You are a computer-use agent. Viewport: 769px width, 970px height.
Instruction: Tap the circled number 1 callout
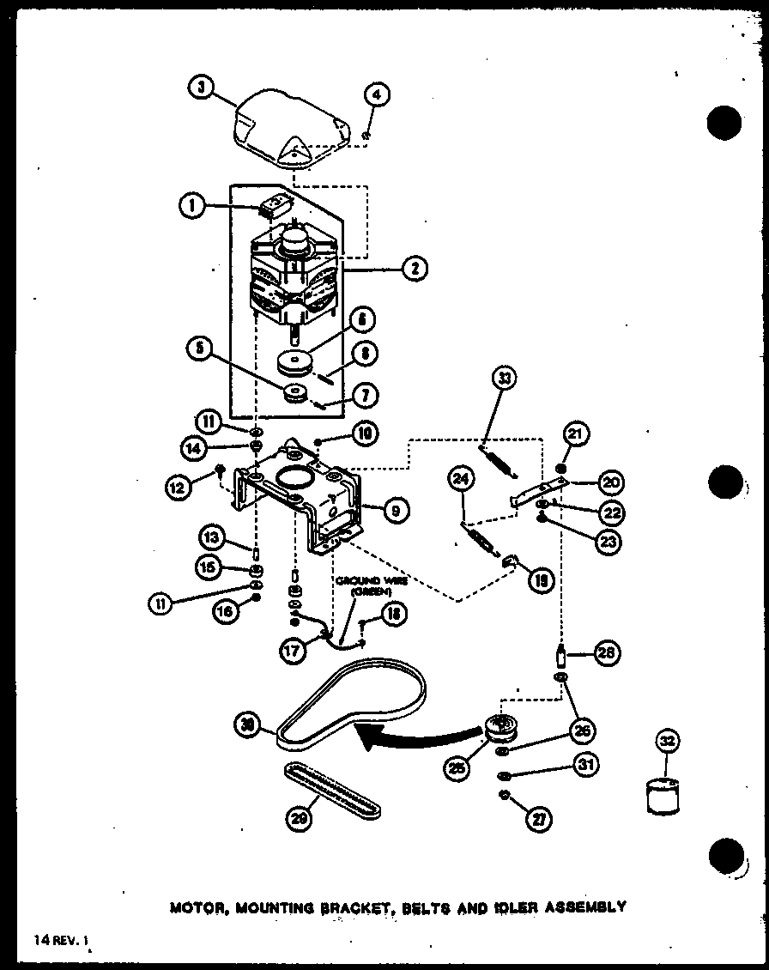192,207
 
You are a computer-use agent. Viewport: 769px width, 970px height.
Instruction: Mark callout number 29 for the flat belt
297,820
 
